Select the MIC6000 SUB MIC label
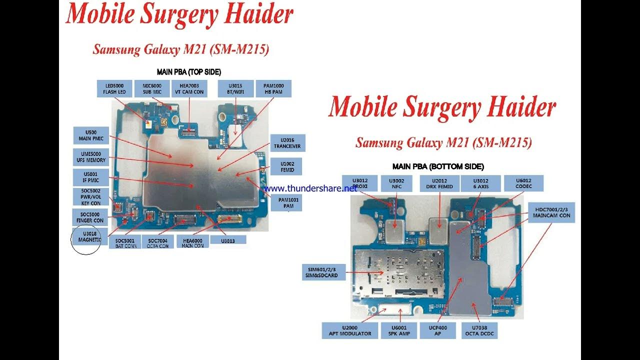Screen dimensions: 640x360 (148, 88)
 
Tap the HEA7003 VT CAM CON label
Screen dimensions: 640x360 (189, 88)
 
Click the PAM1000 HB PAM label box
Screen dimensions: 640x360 (273, 88)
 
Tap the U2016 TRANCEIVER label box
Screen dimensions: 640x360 (287, 143)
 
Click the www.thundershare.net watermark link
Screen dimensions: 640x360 (310, 188)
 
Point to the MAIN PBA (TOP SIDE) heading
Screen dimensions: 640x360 (189, 72)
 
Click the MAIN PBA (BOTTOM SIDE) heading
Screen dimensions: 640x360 (438, 166)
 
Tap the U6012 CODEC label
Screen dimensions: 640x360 (523, 183)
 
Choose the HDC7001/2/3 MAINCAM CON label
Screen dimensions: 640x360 (551, 212)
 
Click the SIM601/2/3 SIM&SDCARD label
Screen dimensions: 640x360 (323, 272)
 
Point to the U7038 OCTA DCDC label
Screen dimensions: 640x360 (481, 330)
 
